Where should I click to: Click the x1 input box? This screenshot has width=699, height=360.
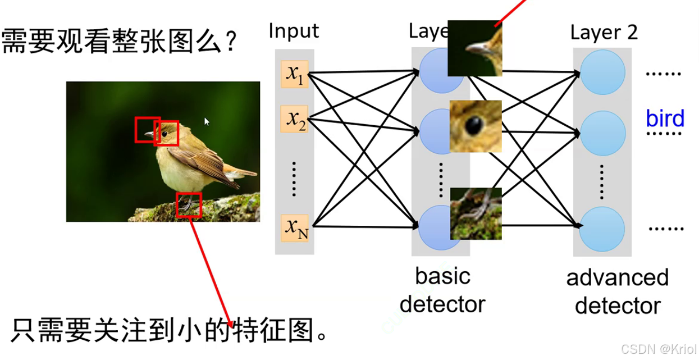(x=295, y=74)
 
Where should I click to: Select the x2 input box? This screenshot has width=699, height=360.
(x=295, y=119)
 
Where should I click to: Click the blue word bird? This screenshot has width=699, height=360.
(x=665, y=119)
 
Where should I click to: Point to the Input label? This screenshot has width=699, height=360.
(x=294, y=30)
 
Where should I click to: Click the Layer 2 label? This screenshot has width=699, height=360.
(x=604, y=33)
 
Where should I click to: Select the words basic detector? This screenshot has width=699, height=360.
(x=442, y=290)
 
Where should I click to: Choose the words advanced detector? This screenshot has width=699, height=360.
(x=618, y=291)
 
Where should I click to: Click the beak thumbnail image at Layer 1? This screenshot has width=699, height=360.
(x=474, y=48)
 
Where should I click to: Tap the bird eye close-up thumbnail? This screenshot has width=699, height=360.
(x=476, y=126)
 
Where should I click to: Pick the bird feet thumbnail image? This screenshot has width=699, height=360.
(x=476, y=213)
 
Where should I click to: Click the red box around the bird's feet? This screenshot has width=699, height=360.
(x=189, y=205)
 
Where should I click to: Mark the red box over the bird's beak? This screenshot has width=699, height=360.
(x=147, y=130)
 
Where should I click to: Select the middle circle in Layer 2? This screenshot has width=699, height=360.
(x=602, y=134)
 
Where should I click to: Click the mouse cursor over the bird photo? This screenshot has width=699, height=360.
(x=207, y=121)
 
